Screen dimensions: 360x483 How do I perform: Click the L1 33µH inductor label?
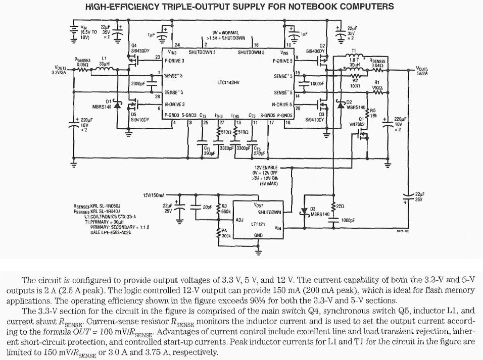(104, 61)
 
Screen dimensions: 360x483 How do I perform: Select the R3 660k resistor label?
(225, 209)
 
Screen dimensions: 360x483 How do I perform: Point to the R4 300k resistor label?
(225, 233)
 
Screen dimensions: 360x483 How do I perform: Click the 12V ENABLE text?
(266, 168)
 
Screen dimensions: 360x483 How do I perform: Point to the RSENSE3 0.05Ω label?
(83, 62)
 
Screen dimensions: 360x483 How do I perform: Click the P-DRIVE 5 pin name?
(282, 61)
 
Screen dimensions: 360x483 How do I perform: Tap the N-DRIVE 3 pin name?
(174, 105)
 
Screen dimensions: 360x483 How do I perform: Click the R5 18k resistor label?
(373, 113)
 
